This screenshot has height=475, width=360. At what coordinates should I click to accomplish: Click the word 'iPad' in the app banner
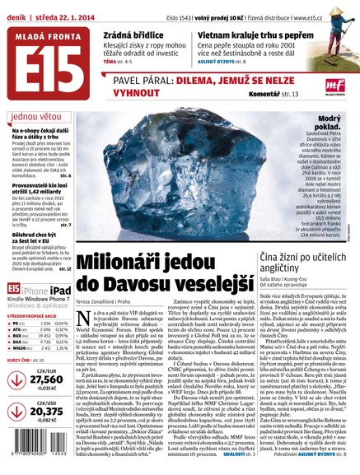point(61,290)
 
